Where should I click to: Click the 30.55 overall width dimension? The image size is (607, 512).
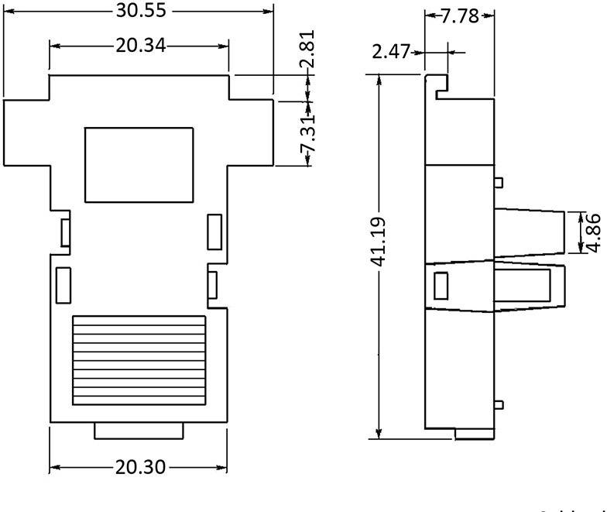click(x=140, y=12)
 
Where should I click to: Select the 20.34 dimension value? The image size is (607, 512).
click(x=140, y=46)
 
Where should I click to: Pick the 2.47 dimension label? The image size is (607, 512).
click(x=391, y=53)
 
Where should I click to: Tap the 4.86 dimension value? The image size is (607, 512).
click(x=595, y=232)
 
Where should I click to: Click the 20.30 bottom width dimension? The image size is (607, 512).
click(x=140, y=468)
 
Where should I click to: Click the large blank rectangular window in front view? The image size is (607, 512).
click(x=139, y=165)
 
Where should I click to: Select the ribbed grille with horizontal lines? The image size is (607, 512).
click(x=139, y=360)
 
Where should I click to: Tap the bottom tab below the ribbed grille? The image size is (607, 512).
click(x=139, y=431)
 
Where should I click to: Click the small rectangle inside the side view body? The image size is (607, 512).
click(x=441, y=287)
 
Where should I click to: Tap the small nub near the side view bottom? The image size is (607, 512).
click(x=499, y=405)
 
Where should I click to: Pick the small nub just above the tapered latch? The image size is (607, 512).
click(x=499, y=183)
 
